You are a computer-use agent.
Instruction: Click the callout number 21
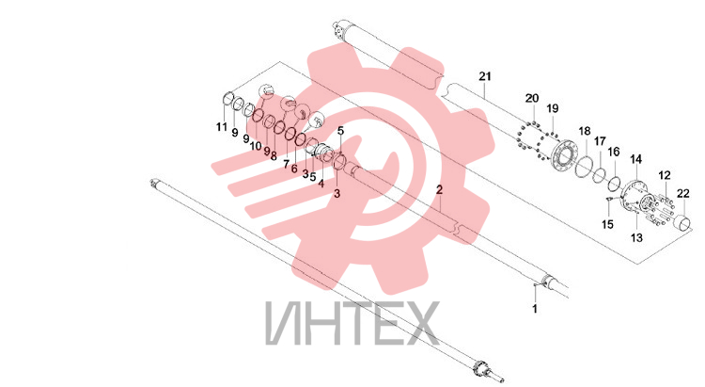click(485, 76)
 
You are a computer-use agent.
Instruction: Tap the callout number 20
click(532, 98)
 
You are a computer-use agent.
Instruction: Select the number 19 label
click(553, 108)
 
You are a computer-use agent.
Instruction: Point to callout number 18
click(585, 131)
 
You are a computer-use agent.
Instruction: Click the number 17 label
click(600, 141)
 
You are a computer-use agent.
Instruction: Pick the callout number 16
click(614, 152)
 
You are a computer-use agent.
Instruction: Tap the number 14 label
click(635, 159)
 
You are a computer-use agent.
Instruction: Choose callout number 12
click(665, 175)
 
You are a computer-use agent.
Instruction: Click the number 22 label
click(683, 193)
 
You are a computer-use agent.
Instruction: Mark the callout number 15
click(607, 224)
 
